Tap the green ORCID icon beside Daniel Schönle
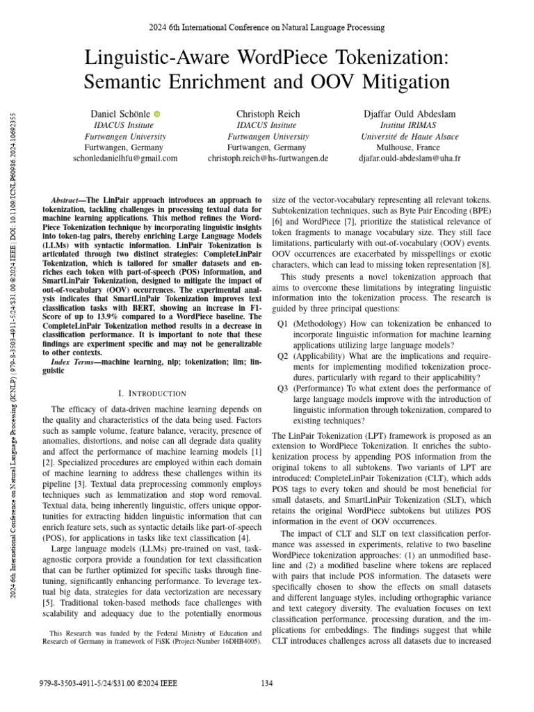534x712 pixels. (x=157, y=113)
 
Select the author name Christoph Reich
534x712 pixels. (x=267, y=113)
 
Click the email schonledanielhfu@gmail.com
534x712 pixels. (x=125, y=159)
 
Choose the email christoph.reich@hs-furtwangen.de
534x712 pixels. (x=268, y=159)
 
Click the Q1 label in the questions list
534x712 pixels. (x=282, y=324)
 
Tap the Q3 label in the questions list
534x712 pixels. (x=282, y=390)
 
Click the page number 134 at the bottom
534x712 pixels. (x=266, y=683)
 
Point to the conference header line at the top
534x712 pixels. (x=266, y=27)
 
